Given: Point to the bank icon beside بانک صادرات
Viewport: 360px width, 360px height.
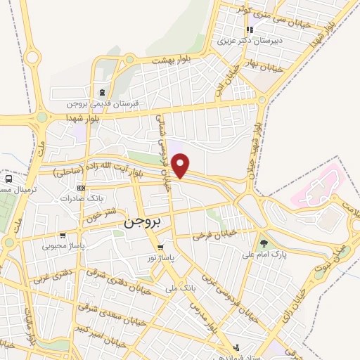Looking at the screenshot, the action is click(82, 188).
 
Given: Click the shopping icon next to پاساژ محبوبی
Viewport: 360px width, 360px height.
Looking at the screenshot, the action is click(64, 236).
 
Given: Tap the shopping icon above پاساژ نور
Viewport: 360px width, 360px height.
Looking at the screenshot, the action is click(160, 247).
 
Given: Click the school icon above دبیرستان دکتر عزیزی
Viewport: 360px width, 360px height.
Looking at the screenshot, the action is click(250, 30).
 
